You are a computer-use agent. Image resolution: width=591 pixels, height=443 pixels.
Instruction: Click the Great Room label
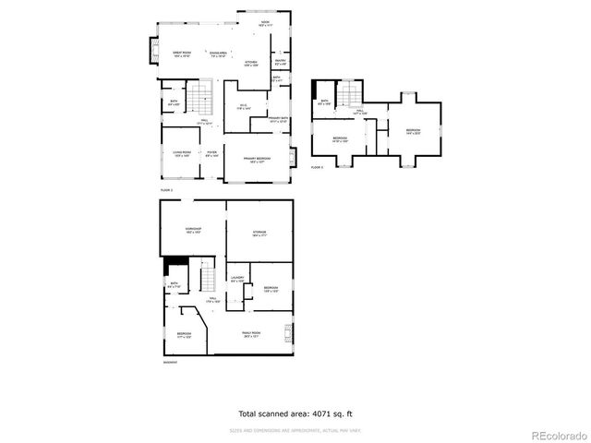[x=181, y=54]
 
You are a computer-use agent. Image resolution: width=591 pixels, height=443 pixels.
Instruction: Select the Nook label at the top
[x=265, y=22]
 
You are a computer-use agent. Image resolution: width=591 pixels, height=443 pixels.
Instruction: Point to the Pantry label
[x=280, y=63]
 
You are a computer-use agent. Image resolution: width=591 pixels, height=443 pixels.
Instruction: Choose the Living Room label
[x=181, y=153]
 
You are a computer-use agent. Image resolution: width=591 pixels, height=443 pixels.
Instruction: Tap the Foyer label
[x=211, y=153]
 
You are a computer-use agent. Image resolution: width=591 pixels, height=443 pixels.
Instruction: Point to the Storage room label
[x=259, y=233]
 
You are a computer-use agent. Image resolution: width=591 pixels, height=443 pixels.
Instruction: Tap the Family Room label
[x=251, y=334]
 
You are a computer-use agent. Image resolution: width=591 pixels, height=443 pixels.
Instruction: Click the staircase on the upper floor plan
[x=347, y=93]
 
